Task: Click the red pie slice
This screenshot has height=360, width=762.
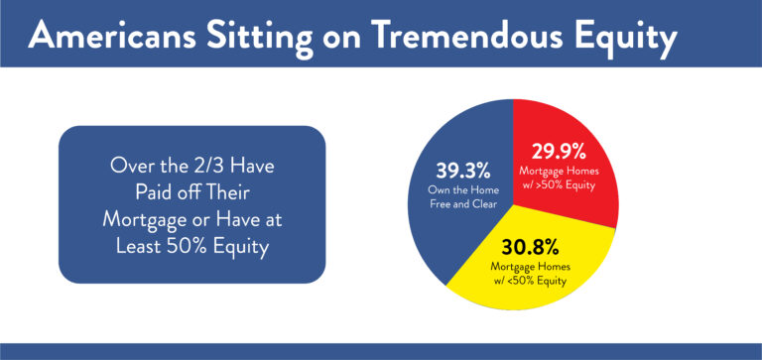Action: coord(585,198)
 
